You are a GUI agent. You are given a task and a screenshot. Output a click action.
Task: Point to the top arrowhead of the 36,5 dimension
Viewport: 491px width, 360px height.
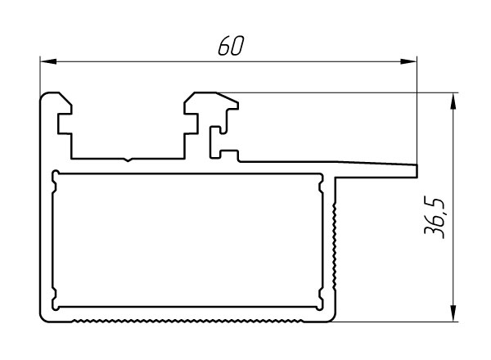point(453,99)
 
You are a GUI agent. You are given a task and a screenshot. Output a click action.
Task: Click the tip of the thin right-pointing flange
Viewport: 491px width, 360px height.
point(416,169)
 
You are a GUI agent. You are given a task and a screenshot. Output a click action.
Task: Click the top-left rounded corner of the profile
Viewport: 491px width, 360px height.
point(46,97)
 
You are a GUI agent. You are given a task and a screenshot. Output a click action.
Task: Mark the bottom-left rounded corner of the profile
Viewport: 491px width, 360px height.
point(46,317)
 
